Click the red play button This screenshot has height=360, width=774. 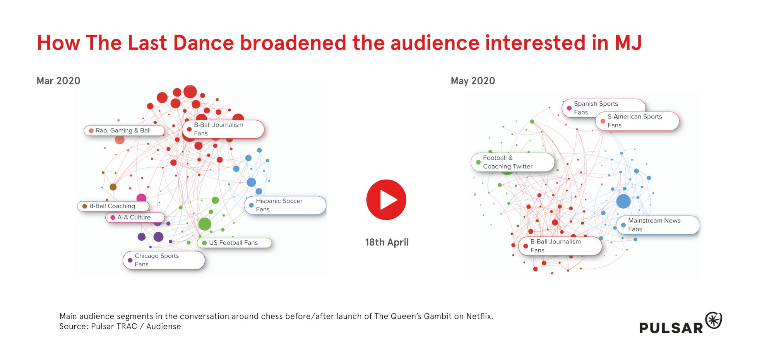386,200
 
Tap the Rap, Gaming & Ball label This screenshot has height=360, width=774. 124,130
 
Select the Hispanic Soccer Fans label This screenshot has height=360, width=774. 285,205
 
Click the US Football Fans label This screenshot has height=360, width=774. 234,243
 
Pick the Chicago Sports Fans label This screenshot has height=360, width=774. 164,260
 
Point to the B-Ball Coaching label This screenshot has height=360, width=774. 113,206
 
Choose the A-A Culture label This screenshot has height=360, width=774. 135,217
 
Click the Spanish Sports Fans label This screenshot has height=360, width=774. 603,108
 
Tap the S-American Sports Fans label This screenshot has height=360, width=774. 637,121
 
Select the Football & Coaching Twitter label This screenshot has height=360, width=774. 512,162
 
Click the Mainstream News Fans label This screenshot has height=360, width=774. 658,225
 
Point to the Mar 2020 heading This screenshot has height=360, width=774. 58,81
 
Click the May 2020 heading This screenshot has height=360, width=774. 473,81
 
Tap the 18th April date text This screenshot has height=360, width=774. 387,242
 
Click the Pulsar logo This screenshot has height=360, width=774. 680,323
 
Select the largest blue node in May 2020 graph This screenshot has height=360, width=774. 623,201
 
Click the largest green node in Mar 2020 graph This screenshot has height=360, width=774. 205,224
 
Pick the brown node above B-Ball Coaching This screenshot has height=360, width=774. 113,187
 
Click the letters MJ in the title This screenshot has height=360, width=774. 628,43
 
